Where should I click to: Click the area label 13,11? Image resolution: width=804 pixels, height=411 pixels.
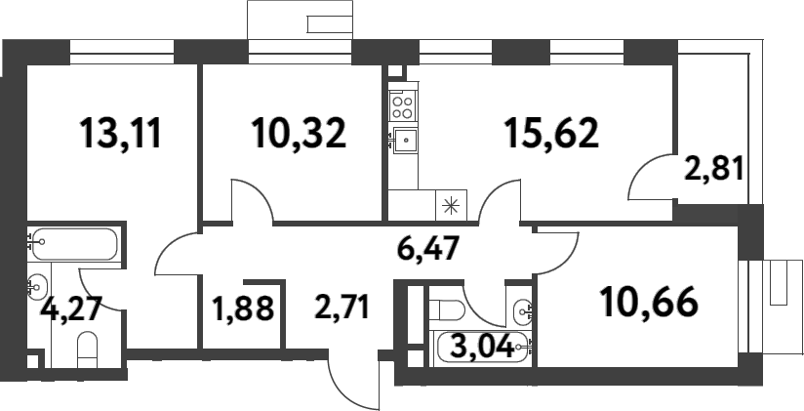[x=121, y=133]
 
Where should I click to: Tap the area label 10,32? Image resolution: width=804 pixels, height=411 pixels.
[x=298, y=133]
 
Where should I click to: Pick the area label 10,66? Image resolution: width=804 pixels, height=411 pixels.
[x=650, y=304]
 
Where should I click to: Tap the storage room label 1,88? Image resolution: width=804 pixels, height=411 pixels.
[x=242, y=313]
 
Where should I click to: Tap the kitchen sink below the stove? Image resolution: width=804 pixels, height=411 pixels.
[x=403, y=142]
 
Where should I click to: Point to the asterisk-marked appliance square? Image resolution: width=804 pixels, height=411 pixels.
[x=451, y=205]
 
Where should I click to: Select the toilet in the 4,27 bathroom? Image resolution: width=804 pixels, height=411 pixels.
[x=88, y=350]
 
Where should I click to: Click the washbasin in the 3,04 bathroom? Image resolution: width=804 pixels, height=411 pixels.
[x=521, y=310]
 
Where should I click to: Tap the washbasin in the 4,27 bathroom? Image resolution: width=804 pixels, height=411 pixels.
[x=37, y=286]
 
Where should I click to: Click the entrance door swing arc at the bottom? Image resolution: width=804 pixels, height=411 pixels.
[x=351, y=386]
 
